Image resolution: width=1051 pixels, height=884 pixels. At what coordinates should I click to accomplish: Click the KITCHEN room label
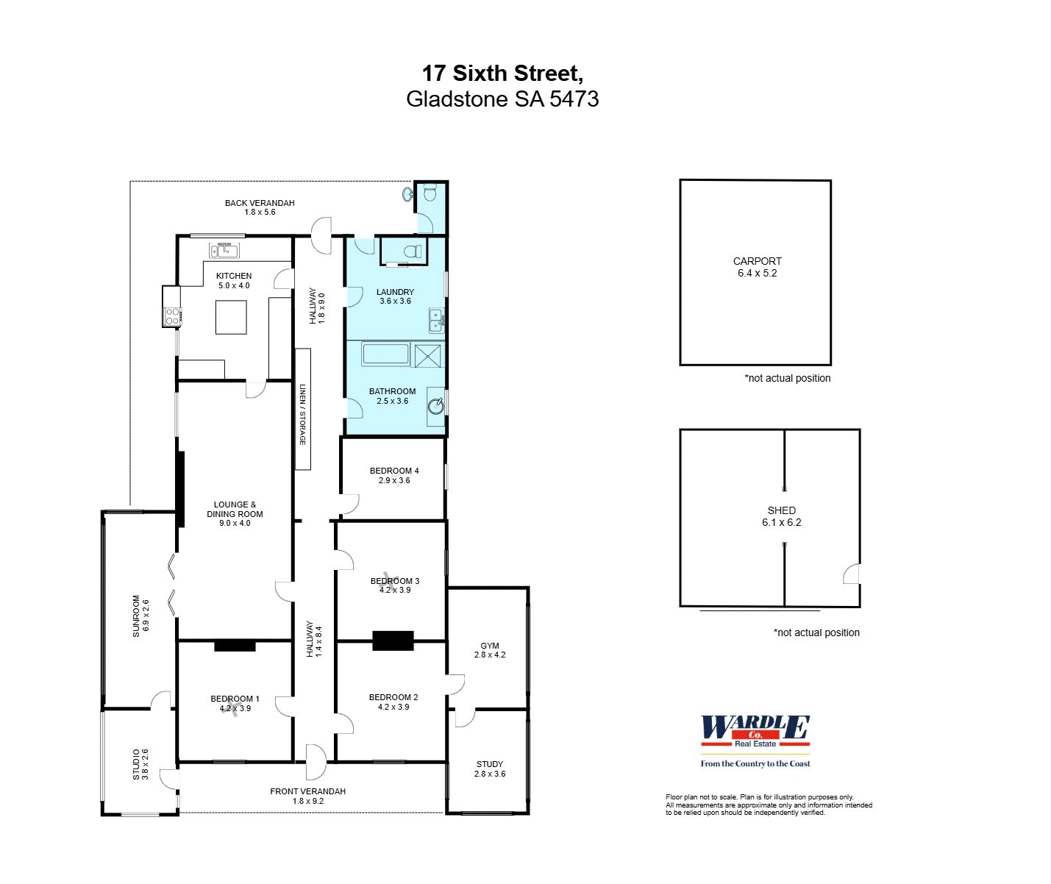pos(234,276)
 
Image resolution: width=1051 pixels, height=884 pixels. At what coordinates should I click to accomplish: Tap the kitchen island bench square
pos(231,317)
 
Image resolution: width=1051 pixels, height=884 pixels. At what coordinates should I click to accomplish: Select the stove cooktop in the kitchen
pos(172,316)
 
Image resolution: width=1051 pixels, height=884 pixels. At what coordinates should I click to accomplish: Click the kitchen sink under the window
pos(224,251)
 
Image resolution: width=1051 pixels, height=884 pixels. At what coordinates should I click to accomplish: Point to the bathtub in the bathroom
pos(385,354)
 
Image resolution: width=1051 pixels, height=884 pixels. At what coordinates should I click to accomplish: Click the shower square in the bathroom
pos(429,355)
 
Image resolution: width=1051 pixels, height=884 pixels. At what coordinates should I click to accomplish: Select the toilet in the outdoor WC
pos(430,193)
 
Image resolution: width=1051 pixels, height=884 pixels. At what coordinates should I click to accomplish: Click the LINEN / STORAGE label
pos(302,414)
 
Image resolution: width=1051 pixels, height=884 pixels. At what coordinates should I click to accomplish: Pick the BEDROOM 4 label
pos(394,471)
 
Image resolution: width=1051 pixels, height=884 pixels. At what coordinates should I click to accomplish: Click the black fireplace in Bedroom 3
pos(393,641)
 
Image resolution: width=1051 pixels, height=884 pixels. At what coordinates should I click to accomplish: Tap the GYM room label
pos(490,646)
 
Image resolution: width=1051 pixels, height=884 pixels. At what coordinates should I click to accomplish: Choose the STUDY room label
pos(490,764)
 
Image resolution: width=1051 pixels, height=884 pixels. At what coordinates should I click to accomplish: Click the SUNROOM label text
pos(136,616)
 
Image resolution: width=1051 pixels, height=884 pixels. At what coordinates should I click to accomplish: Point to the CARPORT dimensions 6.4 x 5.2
pos(758,273)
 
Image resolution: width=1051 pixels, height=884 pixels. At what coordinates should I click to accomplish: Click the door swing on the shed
pos(852,574)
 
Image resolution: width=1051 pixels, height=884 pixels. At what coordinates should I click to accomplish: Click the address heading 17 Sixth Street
pos(502,74)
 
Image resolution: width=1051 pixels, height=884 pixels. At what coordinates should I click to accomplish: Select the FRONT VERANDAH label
pos(307,791)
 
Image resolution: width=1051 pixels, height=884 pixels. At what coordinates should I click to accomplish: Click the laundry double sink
pos(436,321)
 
